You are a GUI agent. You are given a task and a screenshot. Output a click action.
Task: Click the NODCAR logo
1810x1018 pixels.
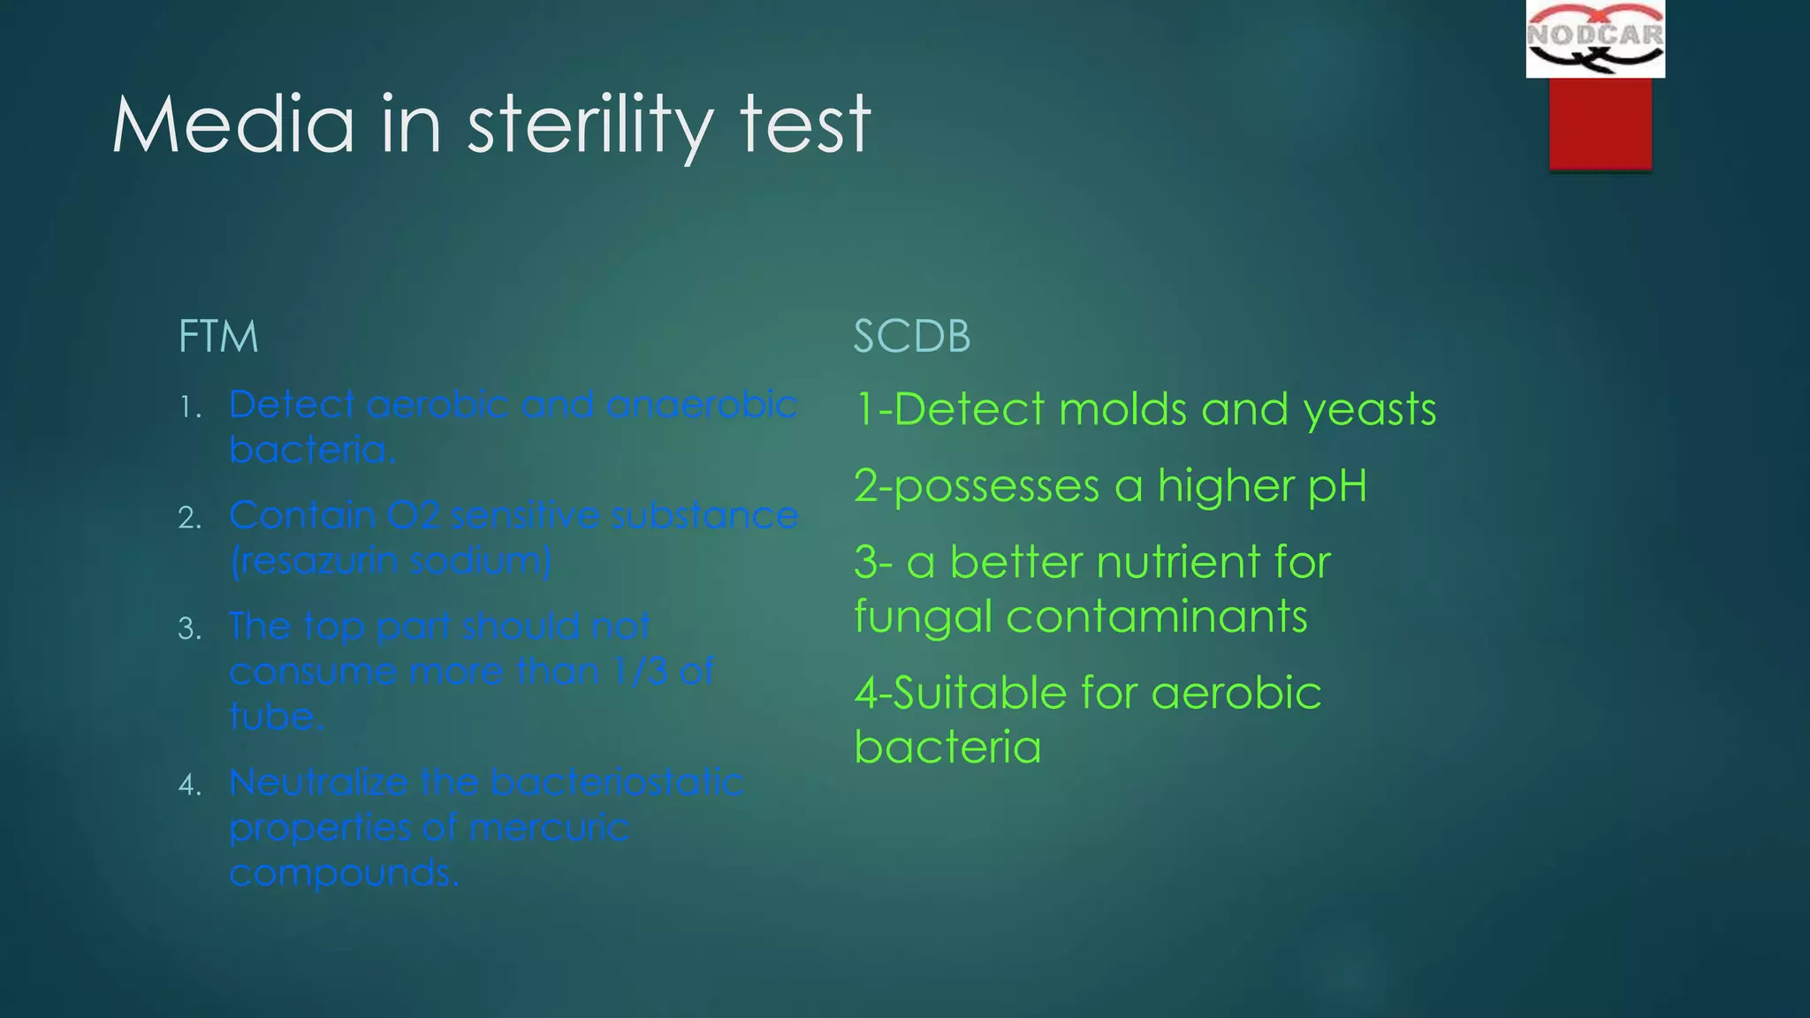[1595, 39]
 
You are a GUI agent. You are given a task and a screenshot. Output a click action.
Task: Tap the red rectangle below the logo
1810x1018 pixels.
[1600, 123]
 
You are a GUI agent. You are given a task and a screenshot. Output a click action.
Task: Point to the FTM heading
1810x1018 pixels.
[218, 337]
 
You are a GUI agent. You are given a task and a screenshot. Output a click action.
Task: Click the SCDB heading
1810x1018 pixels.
[912, 337]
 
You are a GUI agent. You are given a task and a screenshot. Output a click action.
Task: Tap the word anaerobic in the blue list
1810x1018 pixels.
[702, 405]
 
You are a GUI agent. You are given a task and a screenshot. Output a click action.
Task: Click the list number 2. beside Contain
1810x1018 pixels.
[190, 518]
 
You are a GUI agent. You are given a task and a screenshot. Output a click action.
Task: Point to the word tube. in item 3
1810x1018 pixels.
[277, 716]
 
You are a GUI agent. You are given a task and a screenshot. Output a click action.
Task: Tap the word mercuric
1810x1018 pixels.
[549, 828]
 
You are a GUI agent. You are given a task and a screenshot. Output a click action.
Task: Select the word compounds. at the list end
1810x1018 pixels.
[345, 873]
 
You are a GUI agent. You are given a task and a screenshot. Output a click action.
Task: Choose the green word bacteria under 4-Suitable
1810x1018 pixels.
[947, 748]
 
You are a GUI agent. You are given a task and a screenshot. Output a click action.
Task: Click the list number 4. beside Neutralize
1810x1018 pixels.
[190, 785]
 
